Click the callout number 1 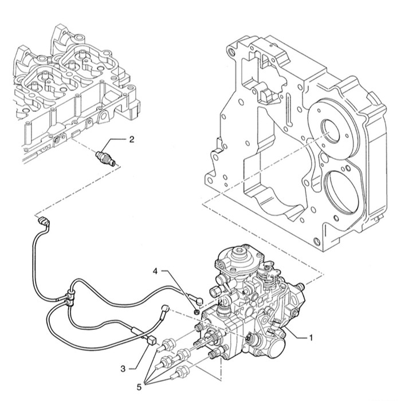[311, 337]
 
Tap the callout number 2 [132, 139]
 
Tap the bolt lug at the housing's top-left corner [232, 52]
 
